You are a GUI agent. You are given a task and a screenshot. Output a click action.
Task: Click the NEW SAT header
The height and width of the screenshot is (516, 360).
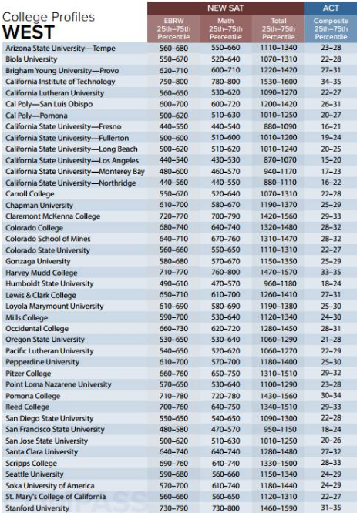point(226,8)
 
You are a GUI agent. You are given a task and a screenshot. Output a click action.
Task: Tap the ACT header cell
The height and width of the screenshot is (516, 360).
point(331,8)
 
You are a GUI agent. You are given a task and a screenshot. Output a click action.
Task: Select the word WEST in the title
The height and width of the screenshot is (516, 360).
point(29,32)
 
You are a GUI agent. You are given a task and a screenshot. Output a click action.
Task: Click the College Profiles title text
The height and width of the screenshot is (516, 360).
point(49,17)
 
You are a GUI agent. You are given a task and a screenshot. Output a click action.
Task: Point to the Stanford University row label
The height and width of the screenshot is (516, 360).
point(37,508)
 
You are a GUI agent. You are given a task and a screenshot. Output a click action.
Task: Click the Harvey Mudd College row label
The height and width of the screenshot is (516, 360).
point(41,273)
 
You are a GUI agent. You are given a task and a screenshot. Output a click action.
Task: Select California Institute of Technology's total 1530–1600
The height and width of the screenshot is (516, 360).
point(278,82)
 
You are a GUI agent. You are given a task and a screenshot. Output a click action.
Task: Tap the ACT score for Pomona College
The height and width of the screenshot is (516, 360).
point(331,396)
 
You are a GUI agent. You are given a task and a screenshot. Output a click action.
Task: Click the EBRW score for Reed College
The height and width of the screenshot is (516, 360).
point(173,407)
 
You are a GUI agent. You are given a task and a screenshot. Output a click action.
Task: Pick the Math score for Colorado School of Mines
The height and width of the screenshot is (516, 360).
point(226,239)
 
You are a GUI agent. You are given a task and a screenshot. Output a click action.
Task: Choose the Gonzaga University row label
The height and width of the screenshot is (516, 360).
point(38,262)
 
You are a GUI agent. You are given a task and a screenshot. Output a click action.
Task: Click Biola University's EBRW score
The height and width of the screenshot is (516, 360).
point(173,59)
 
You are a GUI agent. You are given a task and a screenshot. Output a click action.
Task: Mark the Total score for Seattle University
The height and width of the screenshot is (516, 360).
point(278,474)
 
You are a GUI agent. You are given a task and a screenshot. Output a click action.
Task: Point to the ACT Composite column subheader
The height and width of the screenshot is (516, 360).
point(331,29)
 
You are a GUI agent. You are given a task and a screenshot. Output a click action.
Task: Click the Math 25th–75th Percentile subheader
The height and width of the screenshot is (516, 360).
point(226,29)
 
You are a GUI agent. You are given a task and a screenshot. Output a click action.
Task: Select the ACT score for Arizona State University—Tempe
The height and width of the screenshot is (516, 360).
point(331,48)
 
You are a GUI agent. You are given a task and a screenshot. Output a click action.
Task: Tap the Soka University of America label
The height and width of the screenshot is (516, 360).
point(50,486)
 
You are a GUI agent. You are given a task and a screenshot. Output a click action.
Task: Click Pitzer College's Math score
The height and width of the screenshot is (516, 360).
point(226,374)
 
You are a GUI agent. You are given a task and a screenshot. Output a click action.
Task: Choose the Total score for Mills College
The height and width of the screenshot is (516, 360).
point(278,317)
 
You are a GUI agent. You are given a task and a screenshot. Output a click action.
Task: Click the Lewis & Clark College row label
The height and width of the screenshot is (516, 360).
point(41,295)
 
